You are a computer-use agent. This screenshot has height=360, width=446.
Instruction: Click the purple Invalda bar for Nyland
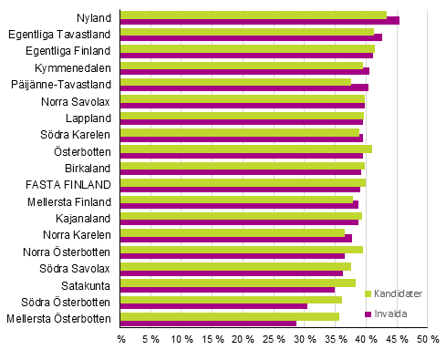tap(260, 20)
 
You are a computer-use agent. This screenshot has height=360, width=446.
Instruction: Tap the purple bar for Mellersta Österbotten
tap(209, 323)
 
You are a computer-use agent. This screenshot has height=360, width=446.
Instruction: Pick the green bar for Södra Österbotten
tap(232, 300)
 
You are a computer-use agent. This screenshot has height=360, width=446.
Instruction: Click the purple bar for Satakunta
tap(228, 289)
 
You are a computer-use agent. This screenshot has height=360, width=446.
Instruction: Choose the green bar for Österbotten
tap(246, 149)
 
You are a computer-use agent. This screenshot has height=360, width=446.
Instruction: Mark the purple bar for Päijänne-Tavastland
tap(244, 87)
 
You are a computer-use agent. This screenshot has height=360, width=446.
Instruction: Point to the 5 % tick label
tap(152, 339)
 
